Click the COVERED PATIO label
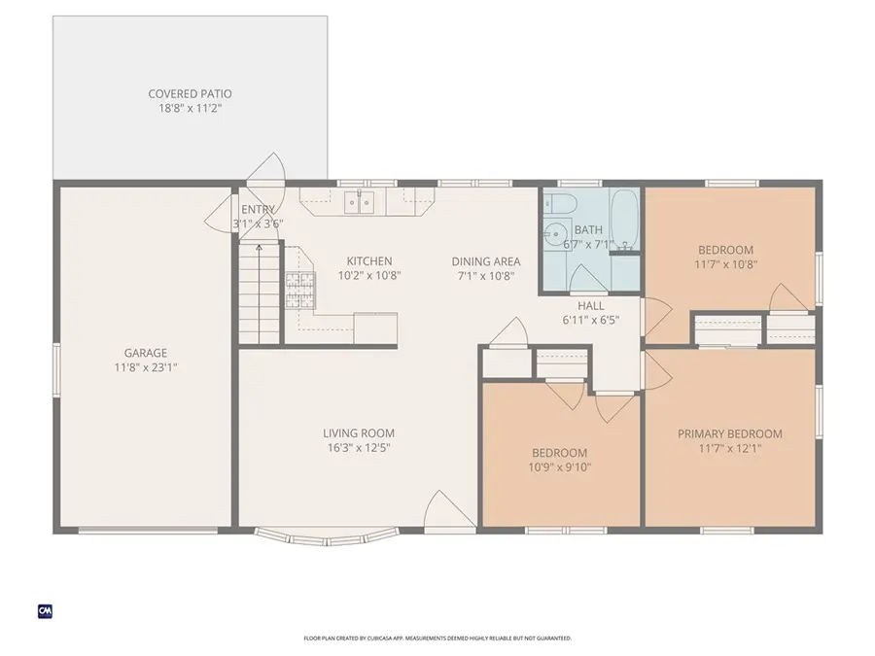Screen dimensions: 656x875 (x=190, y=94)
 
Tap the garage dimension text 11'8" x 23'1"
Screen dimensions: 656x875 (x=145, y=367)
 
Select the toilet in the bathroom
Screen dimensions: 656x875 (x=560, y=204)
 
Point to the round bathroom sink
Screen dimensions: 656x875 (x=555, y=233)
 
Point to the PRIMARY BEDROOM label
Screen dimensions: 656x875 (x=729, y=434)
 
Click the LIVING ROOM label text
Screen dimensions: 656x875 (x=359, y=433)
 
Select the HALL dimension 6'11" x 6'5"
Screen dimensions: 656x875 (x=590, y=320)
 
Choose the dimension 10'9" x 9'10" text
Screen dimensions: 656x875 (x=559, y=466)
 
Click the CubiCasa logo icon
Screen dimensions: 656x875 (x=45, y=610)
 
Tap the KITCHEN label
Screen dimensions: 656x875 (x=369, y=261)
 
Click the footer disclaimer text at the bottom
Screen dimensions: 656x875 (x=437, y=639)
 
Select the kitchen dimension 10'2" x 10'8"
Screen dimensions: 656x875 (x=369, y=275)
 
